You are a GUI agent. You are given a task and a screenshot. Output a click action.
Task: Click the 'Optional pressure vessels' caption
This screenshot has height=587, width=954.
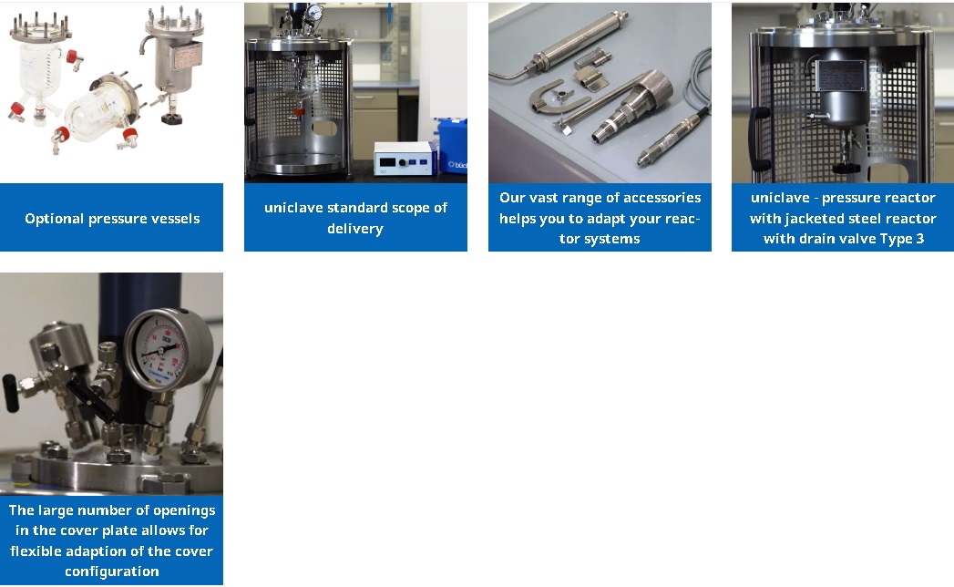[112, 219]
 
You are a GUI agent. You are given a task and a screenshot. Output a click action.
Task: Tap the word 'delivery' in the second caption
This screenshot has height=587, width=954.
[355, 229]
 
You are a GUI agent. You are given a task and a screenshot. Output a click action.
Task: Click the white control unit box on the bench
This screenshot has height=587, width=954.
[405, 159]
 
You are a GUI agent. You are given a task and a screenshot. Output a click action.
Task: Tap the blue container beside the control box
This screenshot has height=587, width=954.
[453, 146]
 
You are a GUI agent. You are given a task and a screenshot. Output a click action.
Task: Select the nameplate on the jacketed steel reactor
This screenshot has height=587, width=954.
[840, 76]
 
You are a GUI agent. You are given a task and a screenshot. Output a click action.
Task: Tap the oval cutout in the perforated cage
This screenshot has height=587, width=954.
[324, 128]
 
